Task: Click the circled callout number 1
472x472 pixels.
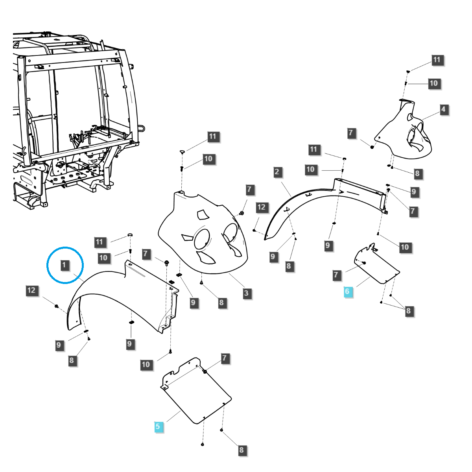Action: coord(65,265)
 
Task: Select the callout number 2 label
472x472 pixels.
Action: coord(277,171)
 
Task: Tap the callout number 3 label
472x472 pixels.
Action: coord(246,293)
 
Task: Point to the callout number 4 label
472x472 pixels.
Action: coord(444,109)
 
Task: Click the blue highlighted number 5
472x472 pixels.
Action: coord(158,426)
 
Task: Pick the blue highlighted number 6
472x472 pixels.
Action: coord(347,292)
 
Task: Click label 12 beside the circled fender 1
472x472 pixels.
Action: coord(31,291)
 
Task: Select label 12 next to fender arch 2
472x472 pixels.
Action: coord(262,207)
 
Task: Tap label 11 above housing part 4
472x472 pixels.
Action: coord(437,60)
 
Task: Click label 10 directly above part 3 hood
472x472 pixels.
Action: coord(208,159)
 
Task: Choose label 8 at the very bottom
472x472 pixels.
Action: coord(241,450)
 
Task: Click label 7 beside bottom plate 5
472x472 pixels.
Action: coord(225,358)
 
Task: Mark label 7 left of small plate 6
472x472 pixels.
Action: coord(336,275)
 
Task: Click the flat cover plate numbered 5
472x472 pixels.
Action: coord(197,393)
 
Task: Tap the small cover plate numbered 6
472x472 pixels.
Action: coord(376,265)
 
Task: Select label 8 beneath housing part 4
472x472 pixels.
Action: coord(417,173)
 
